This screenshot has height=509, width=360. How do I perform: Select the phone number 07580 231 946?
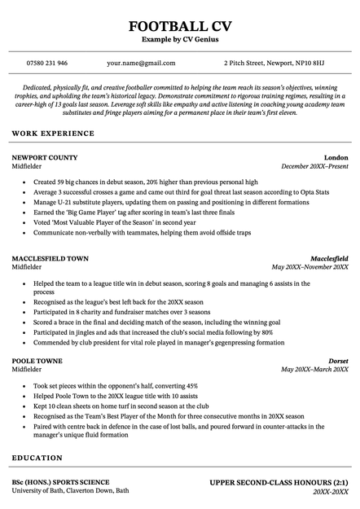[46, 63]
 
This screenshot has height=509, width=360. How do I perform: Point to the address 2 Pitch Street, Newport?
[274, 63]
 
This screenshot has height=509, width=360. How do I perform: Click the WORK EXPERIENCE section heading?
[53, 133]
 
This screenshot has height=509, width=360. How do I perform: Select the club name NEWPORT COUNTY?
[45, 157]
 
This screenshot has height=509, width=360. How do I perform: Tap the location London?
[336, 157]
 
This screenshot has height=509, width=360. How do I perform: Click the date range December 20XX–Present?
[314, 166]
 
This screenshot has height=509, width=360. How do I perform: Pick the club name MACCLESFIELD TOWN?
[50, 259]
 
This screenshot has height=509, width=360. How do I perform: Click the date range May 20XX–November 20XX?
[310, 268]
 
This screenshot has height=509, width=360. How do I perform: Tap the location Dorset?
[338, 361]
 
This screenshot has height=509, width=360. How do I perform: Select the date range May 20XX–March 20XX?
[314, 370]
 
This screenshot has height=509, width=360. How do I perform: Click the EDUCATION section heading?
[37, 459]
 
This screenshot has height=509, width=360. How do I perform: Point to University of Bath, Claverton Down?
[70, 491]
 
